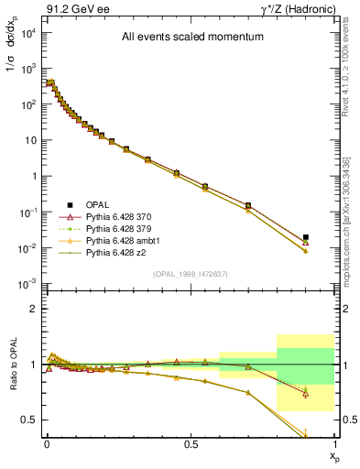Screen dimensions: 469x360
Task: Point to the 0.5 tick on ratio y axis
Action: pyautogui.click(x=32, y=420)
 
